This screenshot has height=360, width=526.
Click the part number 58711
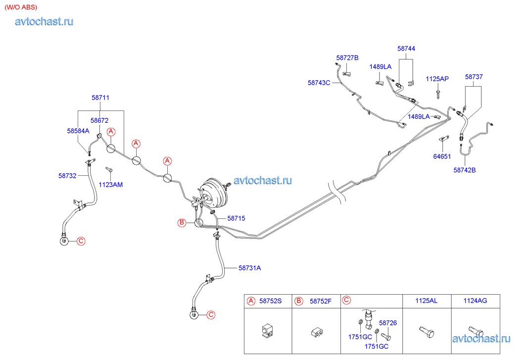(100, 98)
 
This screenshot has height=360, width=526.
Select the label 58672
(99, 120)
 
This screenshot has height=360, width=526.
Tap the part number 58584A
(78, 131)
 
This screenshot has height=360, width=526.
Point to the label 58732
(67, 175)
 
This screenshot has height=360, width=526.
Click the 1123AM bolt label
(110, 185)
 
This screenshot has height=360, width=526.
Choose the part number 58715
(236, 218)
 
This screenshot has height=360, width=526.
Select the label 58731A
(249, 268)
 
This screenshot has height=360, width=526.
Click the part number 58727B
(347, 58)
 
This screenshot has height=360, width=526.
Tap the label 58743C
(319, 83)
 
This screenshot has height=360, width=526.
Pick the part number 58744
(406, 49)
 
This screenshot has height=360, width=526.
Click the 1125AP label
(437, 79)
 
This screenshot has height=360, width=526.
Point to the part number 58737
(474, 77)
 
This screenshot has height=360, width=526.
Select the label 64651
(442, 156)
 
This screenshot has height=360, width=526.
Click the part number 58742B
(464, 170)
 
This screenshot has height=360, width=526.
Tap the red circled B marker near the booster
(182, 223)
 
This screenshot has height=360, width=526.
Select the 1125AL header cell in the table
(426, 301)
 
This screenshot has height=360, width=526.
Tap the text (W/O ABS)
(21, 7)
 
